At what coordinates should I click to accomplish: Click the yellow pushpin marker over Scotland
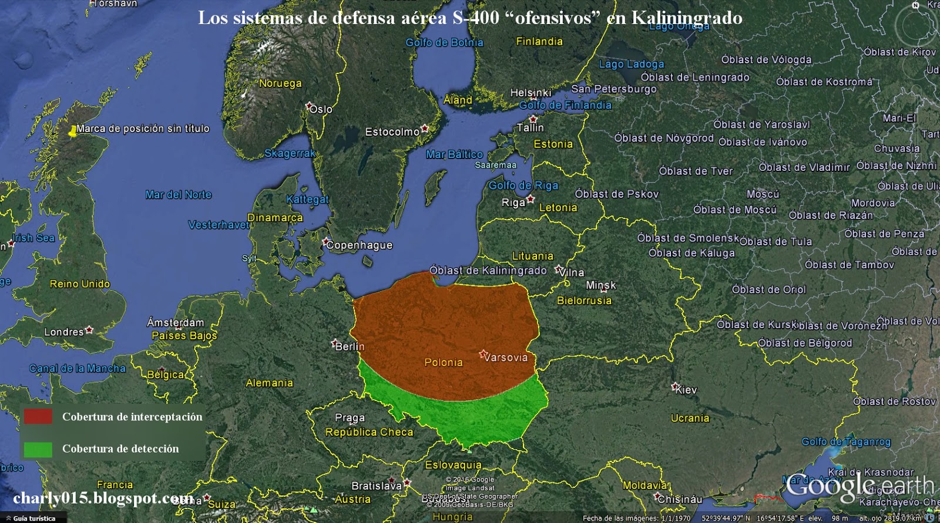pos(73,131)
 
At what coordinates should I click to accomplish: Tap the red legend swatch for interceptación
pos(38,416)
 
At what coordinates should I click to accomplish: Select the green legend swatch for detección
pos(38,448)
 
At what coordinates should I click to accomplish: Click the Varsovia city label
pos(506,357)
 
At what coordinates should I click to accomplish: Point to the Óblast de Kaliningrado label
pos(488,271)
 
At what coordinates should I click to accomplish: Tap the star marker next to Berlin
pos(334,343)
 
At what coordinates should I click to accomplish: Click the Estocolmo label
pos(392,132)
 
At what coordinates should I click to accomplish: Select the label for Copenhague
pos(360,245)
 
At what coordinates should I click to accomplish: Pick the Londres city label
pos(64,332)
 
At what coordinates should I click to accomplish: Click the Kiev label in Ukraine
pos(686,390)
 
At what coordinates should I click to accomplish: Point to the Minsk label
pos(601,285)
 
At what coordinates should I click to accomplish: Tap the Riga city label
pos(513,203)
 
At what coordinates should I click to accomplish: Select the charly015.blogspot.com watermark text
pos(103,498)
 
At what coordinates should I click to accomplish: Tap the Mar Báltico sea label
pos(454,154)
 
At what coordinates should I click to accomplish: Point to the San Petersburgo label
pos(614,89)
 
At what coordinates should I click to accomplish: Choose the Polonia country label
pos(444,363)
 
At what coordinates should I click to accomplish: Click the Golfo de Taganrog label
pos(846,441)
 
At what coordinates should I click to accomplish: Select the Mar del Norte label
pos(178,194)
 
